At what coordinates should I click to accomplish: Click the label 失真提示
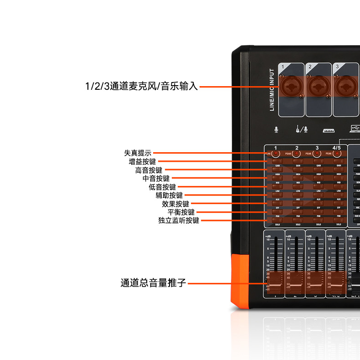[x=138, y=153]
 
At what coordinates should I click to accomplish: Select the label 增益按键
[x=142, y=162]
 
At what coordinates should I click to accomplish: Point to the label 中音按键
[x=156, y=179]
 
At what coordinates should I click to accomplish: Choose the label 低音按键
[x=162, y=187]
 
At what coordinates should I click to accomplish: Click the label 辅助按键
[x=169, y=195]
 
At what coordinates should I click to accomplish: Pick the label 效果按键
[x=175, y=204]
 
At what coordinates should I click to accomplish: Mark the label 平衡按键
[x=181, y=212]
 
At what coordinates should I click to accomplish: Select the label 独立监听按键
[x=179, y=221]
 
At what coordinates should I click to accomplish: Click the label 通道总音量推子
[x=154, y=283]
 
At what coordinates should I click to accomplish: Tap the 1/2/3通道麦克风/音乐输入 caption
[x=142, y=86]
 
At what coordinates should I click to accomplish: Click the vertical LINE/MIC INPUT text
[x=272, y=90]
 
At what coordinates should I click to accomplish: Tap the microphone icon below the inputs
[x=276, y=129]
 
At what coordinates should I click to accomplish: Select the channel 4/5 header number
[x=336, y=148]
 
